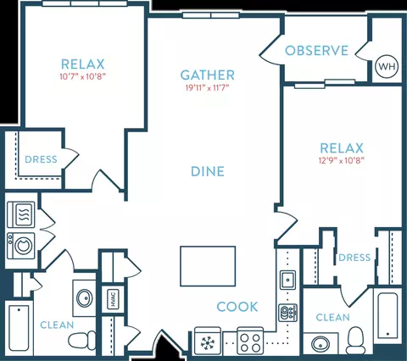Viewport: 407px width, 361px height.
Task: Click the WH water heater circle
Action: [x=387, y=66]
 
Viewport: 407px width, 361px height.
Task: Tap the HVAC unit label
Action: [x=113, y=299]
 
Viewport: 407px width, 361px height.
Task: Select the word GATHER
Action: [x=208, y=75]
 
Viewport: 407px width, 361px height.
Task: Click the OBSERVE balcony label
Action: [x=316, y=51]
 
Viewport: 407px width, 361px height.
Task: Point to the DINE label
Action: [x=208, y=171]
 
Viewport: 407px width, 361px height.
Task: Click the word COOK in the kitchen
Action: [x=237, y=307]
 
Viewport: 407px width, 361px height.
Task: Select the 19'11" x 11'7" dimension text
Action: [x=207, y=88]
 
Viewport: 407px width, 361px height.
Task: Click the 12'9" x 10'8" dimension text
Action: [x=342, y=161]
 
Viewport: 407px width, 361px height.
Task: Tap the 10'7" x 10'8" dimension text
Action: [x=83, y=76]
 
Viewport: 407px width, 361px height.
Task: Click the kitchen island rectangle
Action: [x=208, y=266]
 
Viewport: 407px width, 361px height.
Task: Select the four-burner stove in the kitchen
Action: [x=250, y=341]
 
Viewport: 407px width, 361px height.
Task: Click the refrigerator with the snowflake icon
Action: [x=208, y=341]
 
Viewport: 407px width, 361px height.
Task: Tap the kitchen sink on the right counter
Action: [x=288, y=280]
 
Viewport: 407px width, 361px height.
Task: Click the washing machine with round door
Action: [x=21, y=246]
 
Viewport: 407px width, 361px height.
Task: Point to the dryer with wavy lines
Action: [x=21, y=214]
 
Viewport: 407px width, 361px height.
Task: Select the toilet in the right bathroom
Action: [x=355, y=341]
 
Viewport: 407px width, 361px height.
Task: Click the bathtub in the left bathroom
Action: [x=19, y=328]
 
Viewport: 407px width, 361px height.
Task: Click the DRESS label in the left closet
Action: [x=41, y=159]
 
